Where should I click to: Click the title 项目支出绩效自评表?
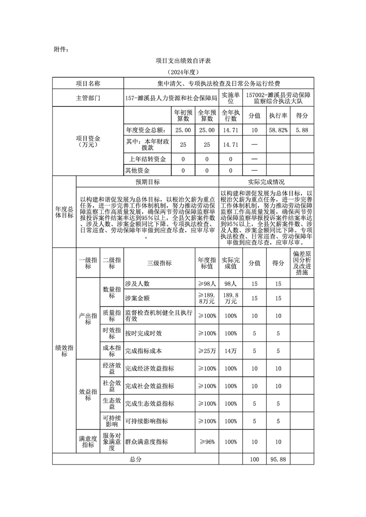coord(183,60)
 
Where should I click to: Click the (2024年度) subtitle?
coord(183,72)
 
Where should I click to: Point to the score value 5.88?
coord(302,130)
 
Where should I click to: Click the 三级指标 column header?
coord(159,263)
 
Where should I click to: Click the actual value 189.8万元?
coord(230,298)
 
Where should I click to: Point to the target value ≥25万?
coord(207,351)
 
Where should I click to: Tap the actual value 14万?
coord(230,351)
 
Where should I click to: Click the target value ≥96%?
coord(207,442)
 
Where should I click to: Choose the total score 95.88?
coord(278,459)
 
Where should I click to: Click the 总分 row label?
coord(135,459)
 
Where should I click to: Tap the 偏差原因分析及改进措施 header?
coord(302,263)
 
